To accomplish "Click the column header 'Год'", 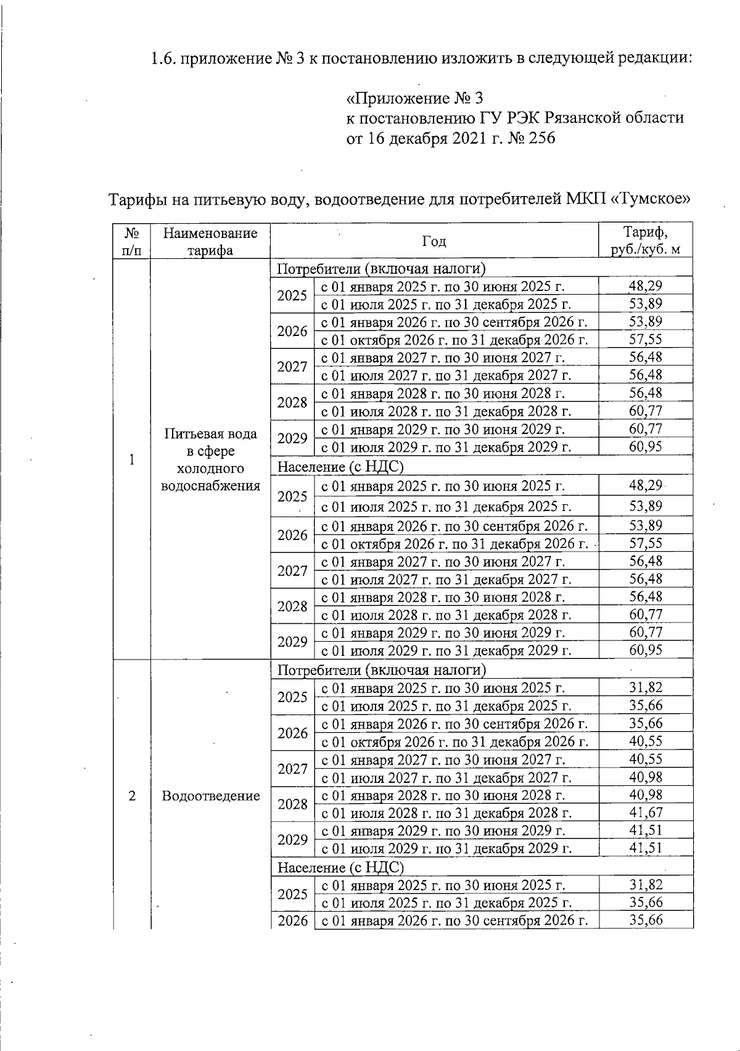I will [434, 241].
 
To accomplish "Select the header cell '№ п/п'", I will [131, 241].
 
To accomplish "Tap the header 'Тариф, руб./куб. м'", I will [645, 241].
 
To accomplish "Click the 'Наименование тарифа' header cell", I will [210, 241].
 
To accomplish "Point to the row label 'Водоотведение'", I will [210, 796].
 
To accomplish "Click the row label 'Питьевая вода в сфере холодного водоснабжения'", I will [210, 459].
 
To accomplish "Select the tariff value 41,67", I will [645, 812].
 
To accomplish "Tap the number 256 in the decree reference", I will [541, 138].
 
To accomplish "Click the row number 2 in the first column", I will [131, 796].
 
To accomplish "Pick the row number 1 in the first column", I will [131, 459].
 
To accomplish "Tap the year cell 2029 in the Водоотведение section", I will [292, 839].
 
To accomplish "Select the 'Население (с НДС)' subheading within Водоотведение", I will [340, 867].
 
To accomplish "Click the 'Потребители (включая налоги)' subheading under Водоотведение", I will [382, 670].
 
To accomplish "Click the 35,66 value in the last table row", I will [645, 920].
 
